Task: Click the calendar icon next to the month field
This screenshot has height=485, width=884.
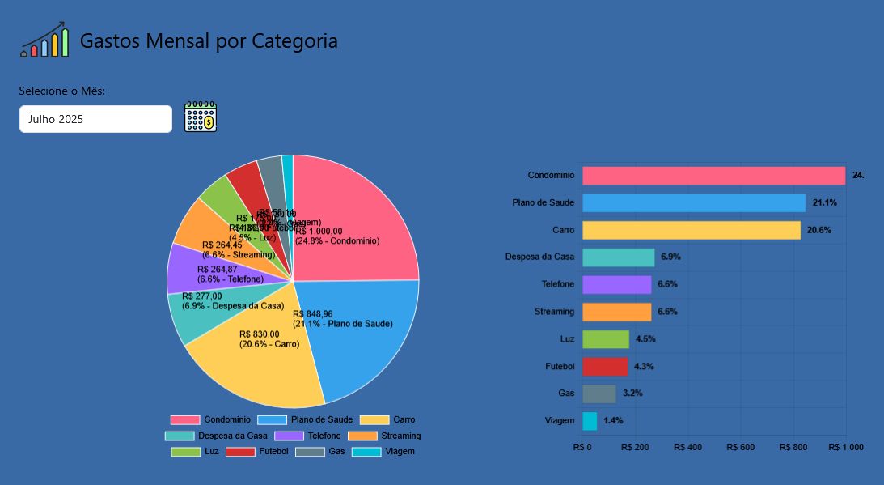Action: (x=201, y=117)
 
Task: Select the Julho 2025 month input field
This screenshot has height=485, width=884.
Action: (x=95, y=119)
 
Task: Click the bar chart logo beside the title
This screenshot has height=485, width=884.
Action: (x=44, y=40)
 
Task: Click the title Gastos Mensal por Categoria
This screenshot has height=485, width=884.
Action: (x=209, y=40)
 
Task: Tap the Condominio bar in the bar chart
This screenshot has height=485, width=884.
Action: (x=713, y=176)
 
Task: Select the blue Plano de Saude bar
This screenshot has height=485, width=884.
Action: (x=694, y=202)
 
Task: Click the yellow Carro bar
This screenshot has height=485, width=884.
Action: (x=692, y=230)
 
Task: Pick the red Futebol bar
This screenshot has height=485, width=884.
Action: (x=605, y=366)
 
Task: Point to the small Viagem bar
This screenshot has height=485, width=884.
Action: (x=590, y=421)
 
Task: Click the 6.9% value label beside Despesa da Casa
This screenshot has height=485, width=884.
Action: (x=670, y=257)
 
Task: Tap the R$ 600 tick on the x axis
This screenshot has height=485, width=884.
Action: (x=741, y=447)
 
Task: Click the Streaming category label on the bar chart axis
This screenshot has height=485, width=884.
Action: (x=554, y=312)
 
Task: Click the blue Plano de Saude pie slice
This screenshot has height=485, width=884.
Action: (x=364, y=340)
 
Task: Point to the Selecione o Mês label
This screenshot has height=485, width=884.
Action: (x=62, y=91)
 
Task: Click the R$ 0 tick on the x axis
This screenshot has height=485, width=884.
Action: (x=582, y=447)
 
